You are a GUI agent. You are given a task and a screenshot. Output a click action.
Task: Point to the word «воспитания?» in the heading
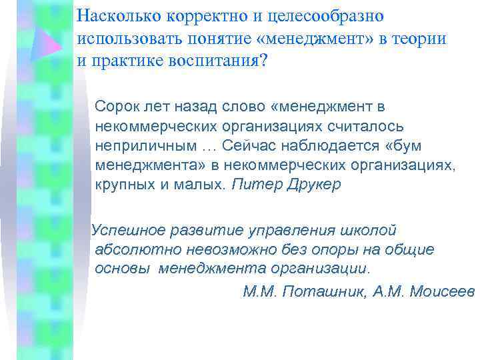[x=223, y=60]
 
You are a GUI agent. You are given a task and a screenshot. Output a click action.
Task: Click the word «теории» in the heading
[x=422, y=38]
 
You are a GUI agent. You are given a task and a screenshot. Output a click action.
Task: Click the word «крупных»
[x=121, y=185]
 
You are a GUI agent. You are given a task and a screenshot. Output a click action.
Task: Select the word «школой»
[x=369, y=230]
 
